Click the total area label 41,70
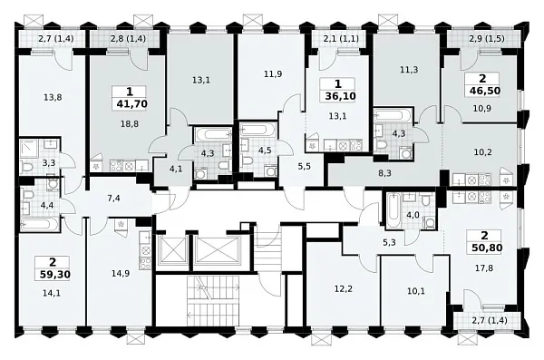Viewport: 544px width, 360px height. (x=132, y=103)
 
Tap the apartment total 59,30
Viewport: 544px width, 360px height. (x=55, y=275)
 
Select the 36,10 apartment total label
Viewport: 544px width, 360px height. (x=340, y=96)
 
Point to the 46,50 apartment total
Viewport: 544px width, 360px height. (x=485, y=91)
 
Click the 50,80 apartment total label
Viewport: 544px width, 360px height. (x=487, y=248)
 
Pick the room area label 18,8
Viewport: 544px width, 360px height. (x=130, y=124)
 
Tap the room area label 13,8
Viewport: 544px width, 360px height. (x=53, y=98)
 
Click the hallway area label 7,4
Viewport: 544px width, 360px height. (x=114, y=199)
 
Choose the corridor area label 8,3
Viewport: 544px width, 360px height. (x=384, y=173)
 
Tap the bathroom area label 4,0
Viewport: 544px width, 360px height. (x=413, y=215)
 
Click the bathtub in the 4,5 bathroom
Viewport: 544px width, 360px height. (x=254, y=130)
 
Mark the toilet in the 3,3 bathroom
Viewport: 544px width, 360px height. (x=26, y=168)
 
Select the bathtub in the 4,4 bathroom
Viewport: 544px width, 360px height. (x=39, y=224)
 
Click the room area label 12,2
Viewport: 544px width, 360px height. (x=345, y=288)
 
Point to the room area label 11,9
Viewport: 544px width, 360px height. (x=273, y=74)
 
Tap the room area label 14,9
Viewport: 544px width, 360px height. (x=121, y=273)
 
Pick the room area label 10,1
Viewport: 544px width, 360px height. (x=415, y=291)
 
